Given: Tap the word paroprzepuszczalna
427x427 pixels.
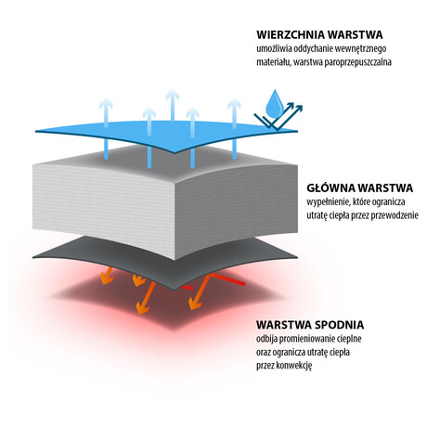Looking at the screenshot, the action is (x=358, y=62).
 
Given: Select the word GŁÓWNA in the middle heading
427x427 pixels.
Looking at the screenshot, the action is (x=330, y=188).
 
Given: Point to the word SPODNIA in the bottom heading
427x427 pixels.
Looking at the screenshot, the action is (x=339, y=325).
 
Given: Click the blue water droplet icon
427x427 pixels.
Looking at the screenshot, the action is (x=275, y=104).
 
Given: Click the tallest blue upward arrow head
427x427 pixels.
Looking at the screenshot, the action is (x=173, y=95).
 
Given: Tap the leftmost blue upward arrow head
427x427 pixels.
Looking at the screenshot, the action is (x=106, y=103).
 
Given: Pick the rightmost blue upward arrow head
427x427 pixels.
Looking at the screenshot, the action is (x=234, y=103).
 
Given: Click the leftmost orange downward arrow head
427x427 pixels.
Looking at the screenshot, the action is (x=106, y=278).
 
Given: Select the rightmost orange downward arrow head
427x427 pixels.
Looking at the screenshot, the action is (x=195, y=304).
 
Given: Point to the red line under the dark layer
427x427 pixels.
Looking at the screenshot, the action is (x=228, y=278).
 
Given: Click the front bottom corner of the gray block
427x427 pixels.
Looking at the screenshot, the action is (x=175, y=260).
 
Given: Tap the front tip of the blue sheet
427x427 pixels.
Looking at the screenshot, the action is (x=175, y=153).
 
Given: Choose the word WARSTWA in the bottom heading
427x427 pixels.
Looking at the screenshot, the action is (x=283, y=325).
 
